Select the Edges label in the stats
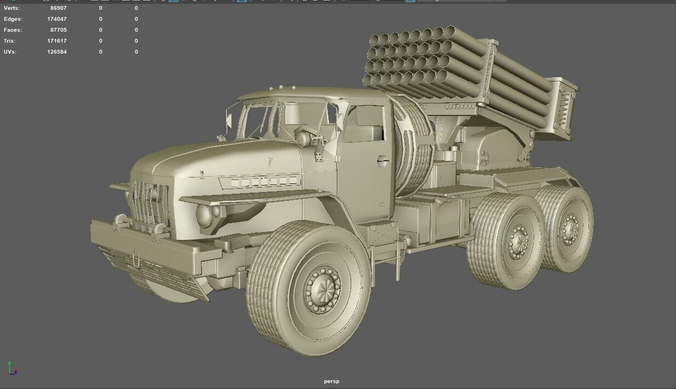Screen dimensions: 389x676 pyautogui.click(x=13, y=19)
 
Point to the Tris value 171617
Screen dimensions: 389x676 pyautogui.click(x=57, y=41)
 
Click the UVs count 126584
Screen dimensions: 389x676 pyautogui.click(x=57, y=52)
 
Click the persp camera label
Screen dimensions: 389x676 pyautogui.click(x=331, y=381)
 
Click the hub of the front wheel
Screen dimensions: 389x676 pyautogui.click(x=322, y=289)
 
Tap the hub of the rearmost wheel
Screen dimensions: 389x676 pyautogui.click(x=570, y=229)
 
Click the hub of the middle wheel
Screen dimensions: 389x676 pyautogui.click(x=517, y=241)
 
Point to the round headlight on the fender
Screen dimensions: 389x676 pyautogui.click(x=206, y=216)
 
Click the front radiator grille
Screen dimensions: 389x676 pyautogui.click(x=149, y=204)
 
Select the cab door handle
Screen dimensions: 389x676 pyautogui.click(x=383, y=160)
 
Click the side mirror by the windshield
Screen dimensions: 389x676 pyautogui.click(x=228, y=120)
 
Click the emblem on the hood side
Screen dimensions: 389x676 pyautogui.click(x=270, y=162)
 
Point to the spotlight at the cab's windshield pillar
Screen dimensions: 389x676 pyautogui.click(x=303, y=138)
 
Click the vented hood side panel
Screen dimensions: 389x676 pyautogui.click(x=259, y=181)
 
